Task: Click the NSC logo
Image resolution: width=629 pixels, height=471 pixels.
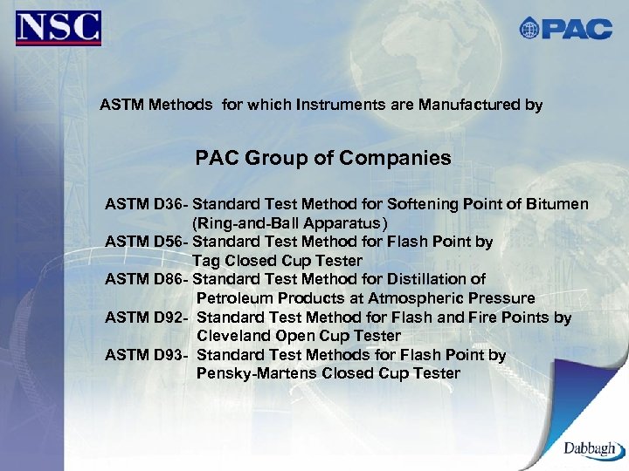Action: [59, 28]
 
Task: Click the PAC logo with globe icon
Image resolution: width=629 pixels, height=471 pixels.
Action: [565, 28]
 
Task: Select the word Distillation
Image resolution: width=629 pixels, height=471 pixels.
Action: [429, 279]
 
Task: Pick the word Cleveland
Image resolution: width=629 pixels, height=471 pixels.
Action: [232, 336]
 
